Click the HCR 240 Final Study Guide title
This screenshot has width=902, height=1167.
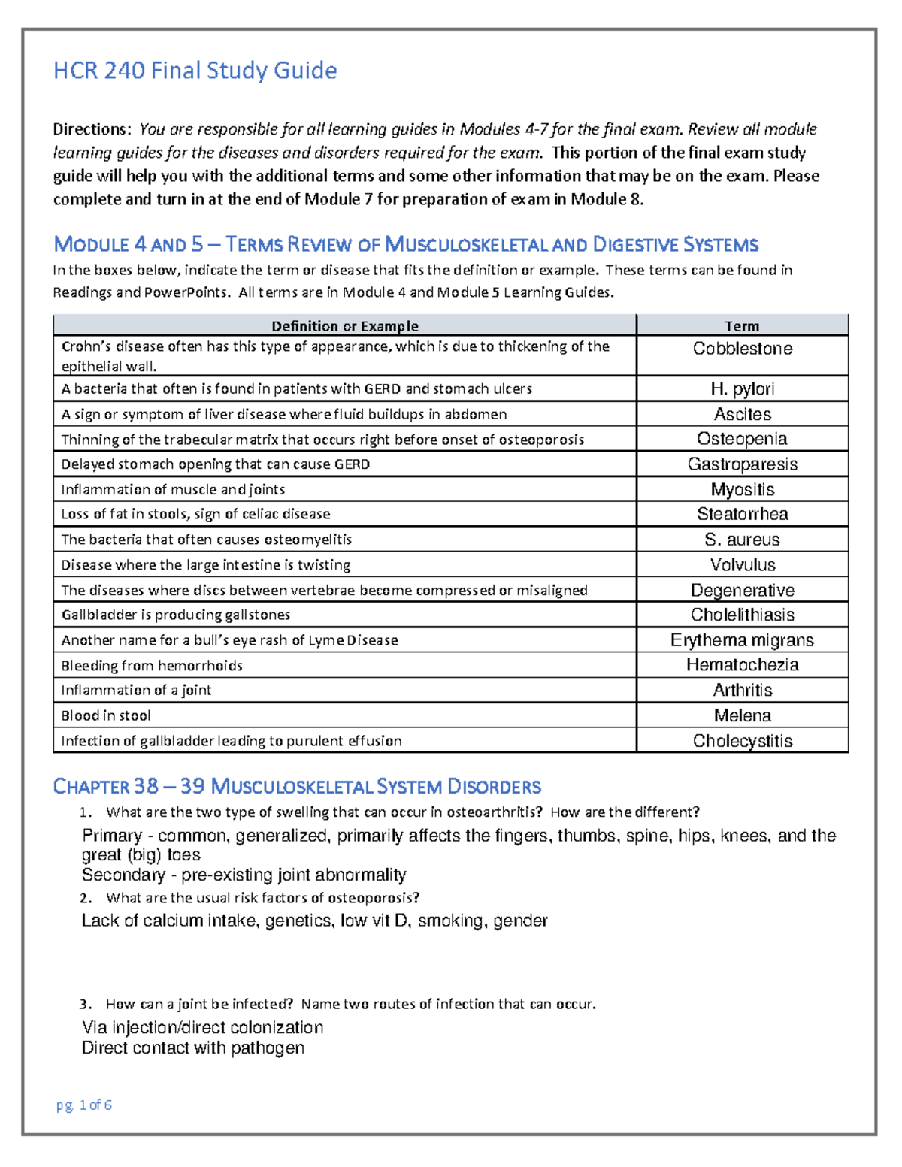pyautogui.click(x=195, y=71)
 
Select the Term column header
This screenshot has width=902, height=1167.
pyautogui.click(x=742, y=325)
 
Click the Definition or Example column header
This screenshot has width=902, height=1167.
pyautogui.click(x=344, y=325)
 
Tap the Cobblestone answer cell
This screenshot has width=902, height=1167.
pyautogui.click(x=742, y=349)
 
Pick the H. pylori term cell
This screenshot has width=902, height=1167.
pyautogui.click(x=742, y=389)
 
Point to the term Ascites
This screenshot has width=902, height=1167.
pyautogui.click(x=742, y=414)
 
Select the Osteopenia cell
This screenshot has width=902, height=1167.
pyautogui.click(x=742, y=439)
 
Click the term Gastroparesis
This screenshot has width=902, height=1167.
pyautogui.click(x=742, y=464)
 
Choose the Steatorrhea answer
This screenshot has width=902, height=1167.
pyautogui.click(x=742, y=514)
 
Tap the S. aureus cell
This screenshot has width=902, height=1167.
pyautogui.click(x=742, y=540)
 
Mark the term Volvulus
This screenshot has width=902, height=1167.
pyautogui.click(x=742, y=565)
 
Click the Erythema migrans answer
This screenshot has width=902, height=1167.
pyautogui.click(x=742, y=640)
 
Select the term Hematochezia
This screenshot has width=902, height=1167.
pyautogui.click(x=742, y=665)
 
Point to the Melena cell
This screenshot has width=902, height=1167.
pyautogui.click(x=742, y=715)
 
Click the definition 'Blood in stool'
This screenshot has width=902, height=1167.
pyautogui.click(x=106, y=715)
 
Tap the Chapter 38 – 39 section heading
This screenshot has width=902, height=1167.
pyautogui.click(x=297, y=787)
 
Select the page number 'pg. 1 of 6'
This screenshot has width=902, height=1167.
pyautogui.click(x=84, y=1105)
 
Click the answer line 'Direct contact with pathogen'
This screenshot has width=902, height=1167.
pyautogui.click(x=192, y=1048)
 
